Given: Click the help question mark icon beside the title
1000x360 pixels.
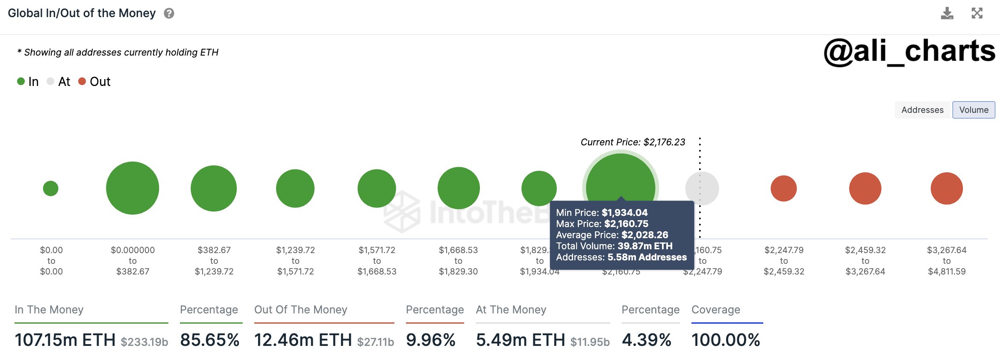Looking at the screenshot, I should click(169, 14).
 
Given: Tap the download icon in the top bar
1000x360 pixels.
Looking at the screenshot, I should click(947, 14).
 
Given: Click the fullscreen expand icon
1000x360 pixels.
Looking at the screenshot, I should click(977, 13).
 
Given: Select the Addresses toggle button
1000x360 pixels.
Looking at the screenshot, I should click(922, 110).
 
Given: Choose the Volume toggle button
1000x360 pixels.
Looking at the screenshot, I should click(974, 110).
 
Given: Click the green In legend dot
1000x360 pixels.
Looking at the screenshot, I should click(21, 81).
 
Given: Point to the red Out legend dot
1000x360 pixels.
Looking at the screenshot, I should click(82, 81).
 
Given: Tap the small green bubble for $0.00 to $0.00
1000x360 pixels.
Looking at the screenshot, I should click(51, 188).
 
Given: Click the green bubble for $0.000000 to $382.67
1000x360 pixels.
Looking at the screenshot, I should click(132, 188).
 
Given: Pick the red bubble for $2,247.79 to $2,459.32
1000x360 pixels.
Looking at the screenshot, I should click(784, 188).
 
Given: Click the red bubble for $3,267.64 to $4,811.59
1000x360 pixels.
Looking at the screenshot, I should click(947, 188).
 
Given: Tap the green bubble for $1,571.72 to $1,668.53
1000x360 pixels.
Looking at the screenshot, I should click(376, 188).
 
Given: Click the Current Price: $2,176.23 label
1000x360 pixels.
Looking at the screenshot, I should click(632, 142).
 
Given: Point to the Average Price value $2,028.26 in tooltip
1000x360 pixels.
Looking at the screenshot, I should click(644, 235).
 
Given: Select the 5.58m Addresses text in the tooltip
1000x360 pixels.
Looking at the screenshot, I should click(647, 257).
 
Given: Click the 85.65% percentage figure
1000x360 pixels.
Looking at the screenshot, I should click(209, 340).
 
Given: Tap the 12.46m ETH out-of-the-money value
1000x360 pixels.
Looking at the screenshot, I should click(303, 340).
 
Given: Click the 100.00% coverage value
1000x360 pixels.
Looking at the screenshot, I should click(726, 340).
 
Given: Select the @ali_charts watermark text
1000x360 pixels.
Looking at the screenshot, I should click(909, 51).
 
